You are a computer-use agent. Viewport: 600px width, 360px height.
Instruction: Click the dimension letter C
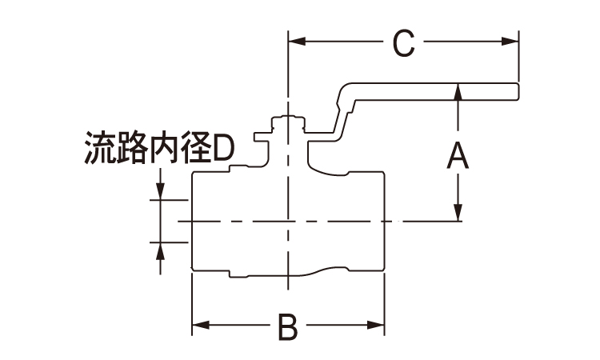click(405, 44)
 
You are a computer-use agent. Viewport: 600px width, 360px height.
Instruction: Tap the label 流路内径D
click(159, 149)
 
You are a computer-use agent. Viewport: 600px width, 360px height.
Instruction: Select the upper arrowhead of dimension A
click(458, 90)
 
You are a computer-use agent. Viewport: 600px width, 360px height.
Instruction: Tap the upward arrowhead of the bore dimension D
click(160, 249)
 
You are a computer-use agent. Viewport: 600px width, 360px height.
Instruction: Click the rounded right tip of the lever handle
click(518, 90)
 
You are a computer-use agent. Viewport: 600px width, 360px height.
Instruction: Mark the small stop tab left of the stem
click(259, 138)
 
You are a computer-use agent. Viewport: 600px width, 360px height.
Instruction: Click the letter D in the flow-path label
click(224, 149)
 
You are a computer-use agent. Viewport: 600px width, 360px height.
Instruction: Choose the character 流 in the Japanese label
click(98, 149)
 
